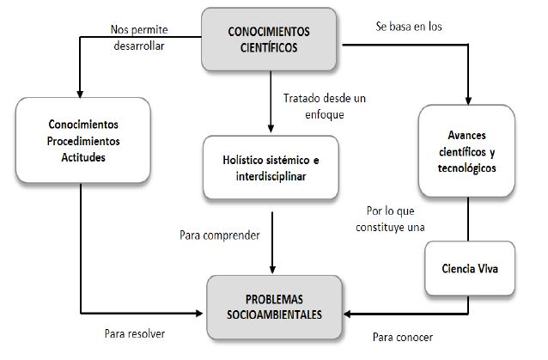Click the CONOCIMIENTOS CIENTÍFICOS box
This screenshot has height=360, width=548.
tap(269, 40)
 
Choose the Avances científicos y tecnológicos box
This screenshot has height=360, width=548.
tap(472, 151)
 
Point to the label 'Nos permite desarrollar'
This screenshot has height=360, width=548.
tap(137, 37)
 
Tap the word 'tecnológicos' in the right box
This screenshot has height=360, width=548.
tap(472, 167)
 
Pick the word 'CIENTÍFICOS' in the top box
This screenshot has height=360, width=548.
tap(269, 48)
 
